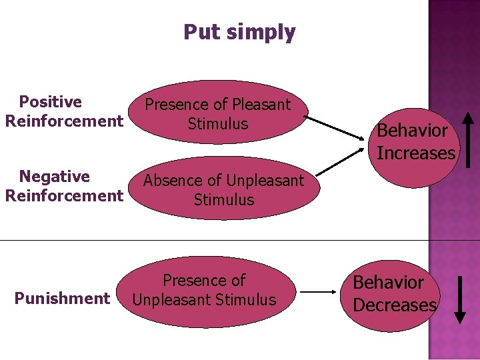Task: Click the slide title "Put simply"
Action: (239, 32)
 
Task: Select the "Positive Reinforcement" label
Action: (63, 111)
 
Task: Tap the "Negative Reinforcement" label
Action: (63, 186)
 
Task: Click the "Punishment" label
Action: (62, 298)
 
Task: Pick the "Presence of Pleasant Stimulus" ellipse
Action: (218, 114)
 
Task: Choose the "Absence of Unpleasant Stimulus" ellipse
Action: (223, 189)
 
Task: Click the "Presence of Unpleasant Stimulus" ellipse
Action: (204, 291)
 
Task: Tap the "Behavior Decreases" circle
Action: (394, 294)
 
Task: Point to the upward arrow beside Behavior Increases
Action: (469, 139)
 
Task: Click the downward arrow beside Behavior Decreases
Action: (460, 299)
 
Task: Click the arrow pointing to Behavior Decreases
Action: (320, 291)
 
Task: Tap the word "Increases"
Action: (416, 153)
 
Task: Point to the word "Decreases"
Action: (395, 305)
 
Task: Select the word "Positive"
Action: (51, 102)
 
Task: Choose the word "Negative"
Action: (55, 177)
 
